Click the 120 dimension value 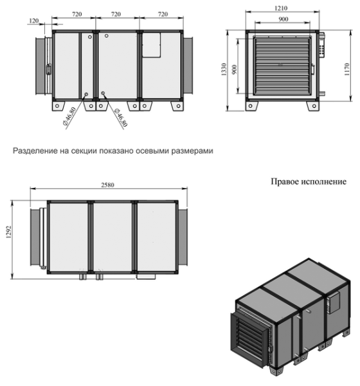tap(33, 21)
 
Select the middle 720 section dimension tap(117, 13)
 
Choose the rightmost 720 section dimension tap(162, 13)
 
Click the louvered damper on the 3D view tap(249, 338)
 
